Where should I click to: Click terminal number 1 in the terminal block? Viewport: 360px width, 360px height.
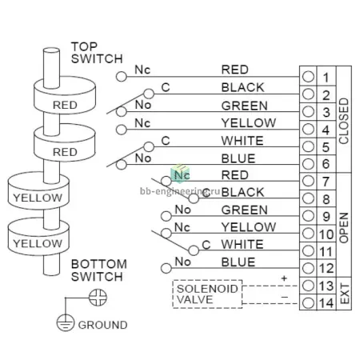(326, 78)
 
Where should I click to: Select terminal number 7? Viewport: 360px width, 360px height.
(326, 182)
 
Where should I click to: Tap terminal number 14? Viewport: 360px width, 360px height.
(326, 303)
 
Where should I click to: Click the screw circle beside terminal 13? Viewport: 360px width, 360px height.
(308, 286)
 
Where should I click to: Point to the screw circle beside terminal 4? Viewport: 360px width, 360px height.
(308, 130)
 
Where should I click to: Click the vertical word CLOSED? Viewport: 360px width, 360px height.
(344, 121)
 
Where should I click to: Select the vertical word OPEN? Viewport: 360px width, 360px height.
(344, 228)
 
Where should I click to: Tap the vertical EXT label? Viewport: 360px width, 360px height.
(345, 294)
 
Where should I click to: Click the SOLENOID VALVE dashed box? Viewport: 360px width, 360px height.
(207, 294)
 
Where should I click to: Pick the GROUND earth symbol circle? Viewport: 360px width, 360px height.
(65, 322)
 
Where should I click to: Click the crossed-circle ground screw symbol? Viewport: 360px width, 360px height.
(98, 298)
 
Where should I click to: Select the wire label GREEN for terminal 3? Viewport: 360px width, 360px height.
(244, 106)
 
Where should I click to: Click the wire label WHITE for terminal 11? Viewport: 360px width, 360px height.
(242, 245)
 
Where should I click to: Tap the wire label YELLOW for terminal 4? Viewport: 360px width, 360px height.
(249, 123)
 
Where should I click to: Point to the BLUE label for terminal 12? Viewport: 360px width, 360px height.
(238, 262)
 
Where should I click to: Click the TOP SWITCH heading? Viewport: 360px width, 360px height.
(97, 53)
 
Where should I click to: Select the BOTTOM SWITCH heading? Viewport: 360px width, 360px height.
(99, 270)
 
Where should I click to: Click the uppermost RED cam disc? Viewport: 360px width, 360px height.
(65, 95)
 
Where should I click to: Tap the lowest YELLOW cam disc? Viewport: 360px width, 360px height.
(38, 237)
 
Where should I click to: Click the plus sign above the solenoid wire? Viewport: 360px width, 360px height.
(284, 278)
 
